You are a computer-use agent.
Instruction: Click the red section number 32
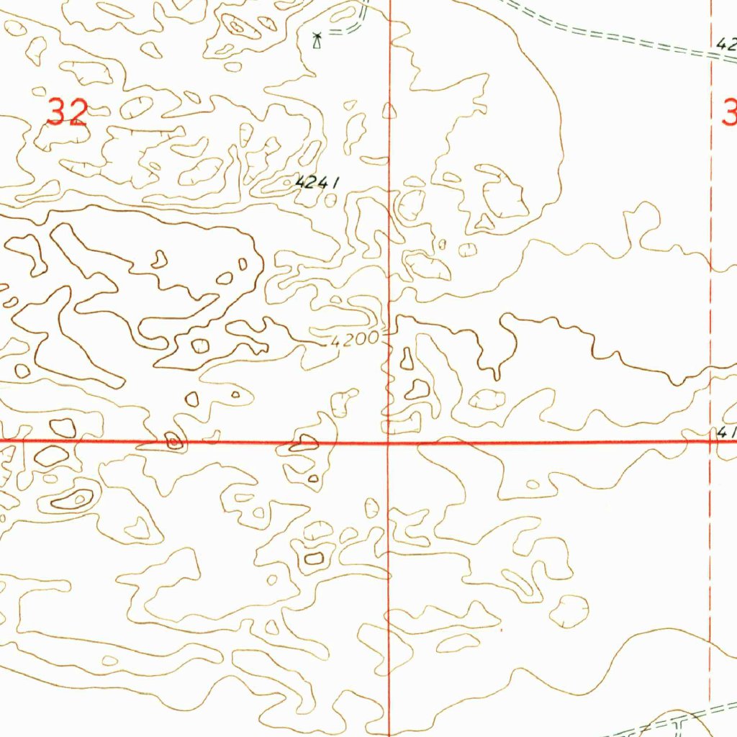click(x=67, y=112)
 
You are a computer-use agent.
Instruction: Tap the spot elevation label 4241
click(x=317, y=183)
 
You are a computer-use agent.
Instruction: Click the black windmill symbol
click(x=315, y=40)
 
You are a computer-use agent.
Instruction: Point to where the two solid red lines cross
click(x=389, y=442)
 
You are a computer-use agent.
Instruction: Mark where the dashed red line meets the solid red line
click(x=710, y=442)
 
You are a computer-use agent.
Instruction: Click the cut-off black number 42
click(x=727, y=44)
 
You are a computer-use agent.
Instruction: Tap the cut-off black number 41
click(x=726, y=432)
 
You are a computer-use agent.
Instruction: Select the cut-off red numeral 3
click(x=728, y=113)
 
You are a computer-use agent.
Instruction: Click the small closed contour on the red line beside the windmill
click(x=389, y=110)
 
